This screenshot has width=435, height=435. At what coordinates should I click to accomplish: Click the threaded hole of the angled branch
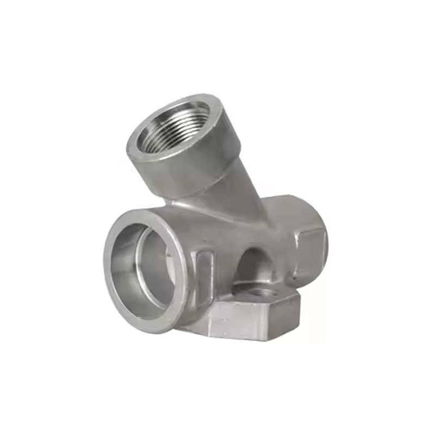173,128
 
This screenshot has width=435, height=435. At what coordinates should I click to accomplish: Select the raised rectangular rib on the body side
205,277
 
